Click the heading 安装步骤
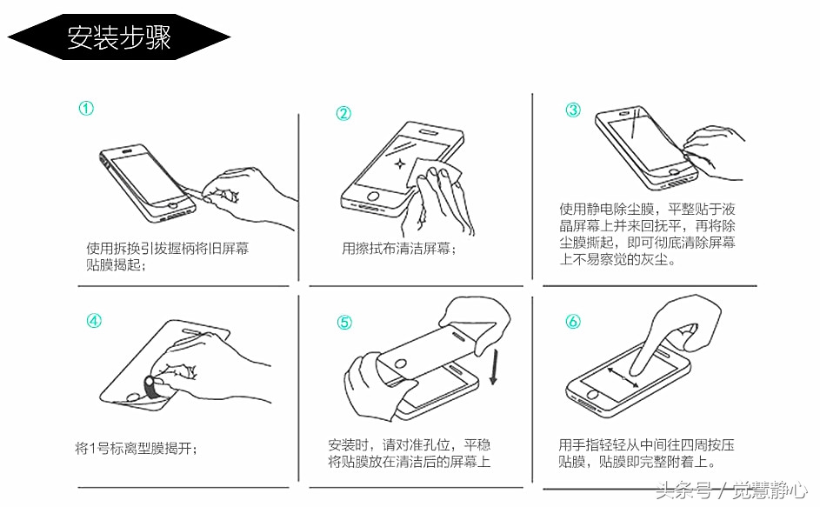click(x=119, y=37)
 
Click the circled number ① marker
click(x=86, y=109)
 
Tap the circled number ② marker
click(x=344, y=114)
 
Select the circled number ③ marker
click(x=573, y=110)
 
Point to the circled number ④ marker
click(x=93, y=320)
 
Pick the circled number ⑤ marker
click(x=344, y=323)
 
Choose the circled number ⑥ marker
click(x=573, y=322)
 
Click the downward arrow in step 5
click(x=494, y=366)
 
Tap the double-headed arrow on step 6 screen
click(x=624, y=379)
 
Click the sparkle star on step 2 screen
click(x=399, y=163)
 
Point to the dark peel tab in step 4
click(x=150, y=388)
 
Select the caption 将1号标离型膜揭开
click(x=136, y=449)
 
